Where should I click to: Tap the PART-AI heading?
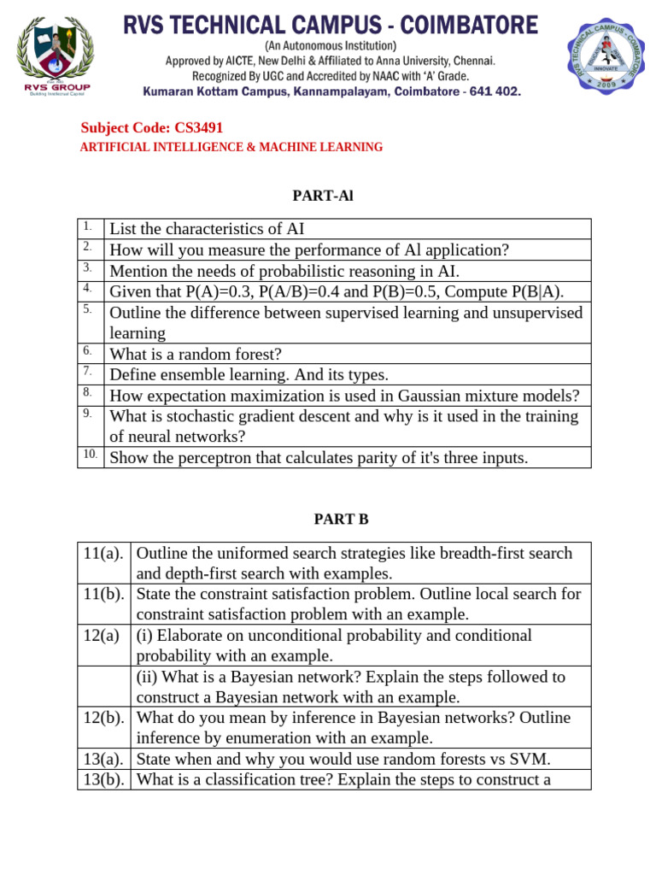tap(323, 196)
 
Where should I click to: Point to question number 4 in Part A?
tap(87, 288)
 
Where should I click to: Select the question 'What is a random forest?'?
tap(196, 354)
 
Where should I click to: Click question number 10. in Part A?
tap(90, 454)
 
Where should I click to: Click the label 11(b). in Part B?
tap(104, 594)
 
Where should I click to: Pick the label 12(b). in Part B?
tap(104, 718)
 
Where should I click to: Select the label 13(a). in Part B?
tap(104, 759)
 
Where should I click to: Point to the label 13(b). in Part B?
tap(104, 779)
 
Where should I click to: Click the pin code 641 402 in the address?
tap(490, 91)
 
